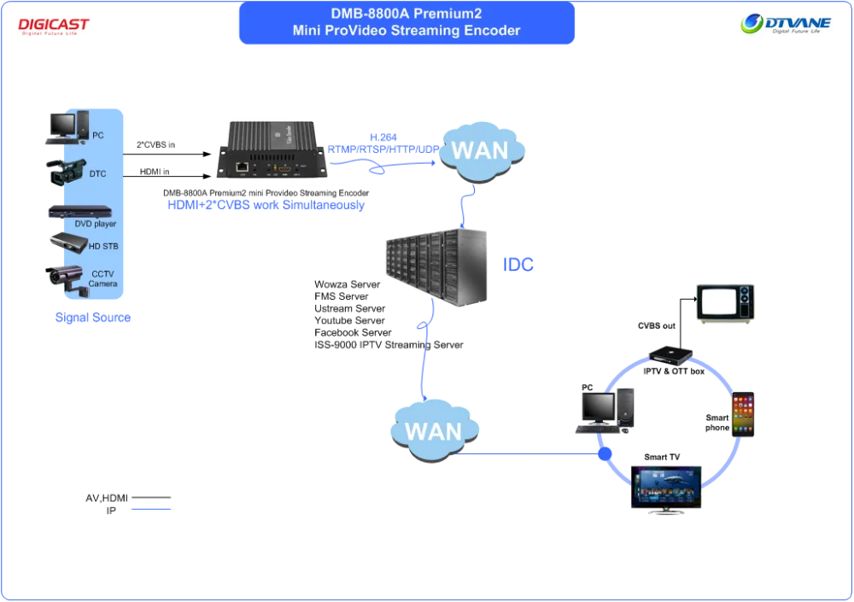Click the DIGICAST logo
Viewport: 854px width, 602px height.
(x=54, y=26)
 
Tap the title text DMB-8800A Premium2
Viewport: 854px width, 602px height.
(x=406, y=14)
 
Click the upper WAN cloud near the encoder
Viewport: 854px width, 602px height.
(x=479, y=151)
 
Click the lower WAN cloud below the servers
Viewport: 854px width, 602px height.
(x=433, y=430)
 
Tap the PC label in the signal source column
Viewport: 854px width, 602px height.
(x=98, y=136)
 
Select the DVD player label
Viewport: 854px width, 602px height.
(x=95, y=224)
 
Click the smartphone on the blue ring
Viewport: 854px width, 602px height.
(x=744, y=416)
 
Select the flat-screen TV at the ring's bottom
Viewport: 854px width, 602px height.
(x=666, y=488)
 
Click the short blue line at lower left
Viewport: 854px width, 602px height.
(x=153, y=509)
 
